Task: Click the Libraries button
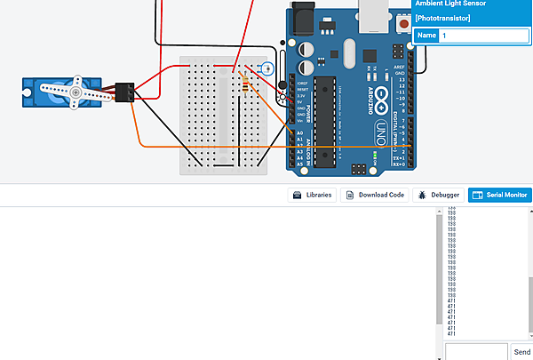[x=313, y=195]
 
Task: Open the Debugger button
[x=437, y=195]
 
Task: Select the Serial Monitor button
[x=499, y=195]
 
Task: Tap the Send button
[x=521, y=352]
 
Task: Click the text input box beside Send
[x=476, y=352]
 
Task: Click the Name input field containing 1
[x=483, y=36]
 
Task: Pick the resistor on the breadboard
[x=245, y=84]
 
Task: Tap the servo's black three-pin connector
[x=124, y=92]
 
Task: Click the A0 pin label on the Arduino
[x=298, y=132]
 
